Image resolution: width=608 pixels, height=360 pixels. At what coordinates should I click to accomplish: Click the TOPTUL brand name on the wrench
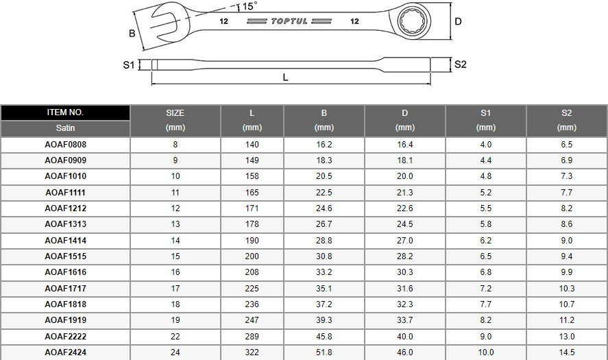[x=289, y=21]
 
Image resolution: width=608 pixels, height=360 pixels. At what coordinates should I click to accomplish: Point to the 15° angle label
[x=250, y=5]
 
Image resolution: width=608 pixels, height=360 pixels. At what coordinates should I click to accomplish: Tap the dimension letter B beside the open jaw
[x=132, y=34]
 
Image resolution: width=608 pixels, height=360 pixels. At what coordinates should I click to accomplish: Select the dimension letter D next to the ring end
[x=458, y=21]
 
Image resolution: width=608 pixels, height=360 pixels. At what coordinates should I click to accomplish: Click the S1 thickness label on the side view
[x=128, y=64]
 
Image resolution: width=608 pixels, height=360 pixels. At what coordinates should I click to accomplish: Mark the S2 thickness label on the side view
[x=460, y=64]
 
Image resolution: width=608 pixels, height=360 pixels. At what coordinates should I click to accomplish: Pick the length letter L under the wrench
[x=285, y=77]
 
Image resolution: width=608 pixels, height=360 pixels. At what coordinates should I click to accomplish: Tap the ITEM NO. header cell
[x=65, y=112]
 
